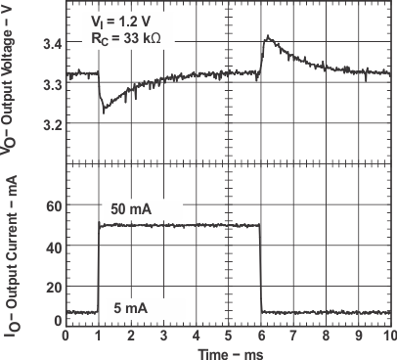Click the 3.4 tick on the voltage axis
(x=51, y=45)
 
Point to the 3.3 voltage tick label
(x=51, y=85)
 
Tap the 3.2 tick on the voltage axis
(x=51, y=125)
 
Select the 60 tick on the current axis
(x=54, y=207)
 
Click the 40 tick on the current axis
(x=54, y=245)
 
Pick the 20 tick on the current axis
(x=54, y=282)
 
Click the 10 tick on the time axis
(x=389, y=334)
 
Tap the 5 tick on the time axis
(x=228, y=334)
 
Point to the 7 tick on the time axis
(x=292, y=334)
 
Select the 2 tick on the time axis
(x=131, y=334)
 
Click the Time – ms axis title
(x=228, y=351)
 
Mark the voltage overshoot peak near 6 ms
(x=266, y=38)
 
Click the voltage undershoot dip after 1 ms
(x=105, y=111)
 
